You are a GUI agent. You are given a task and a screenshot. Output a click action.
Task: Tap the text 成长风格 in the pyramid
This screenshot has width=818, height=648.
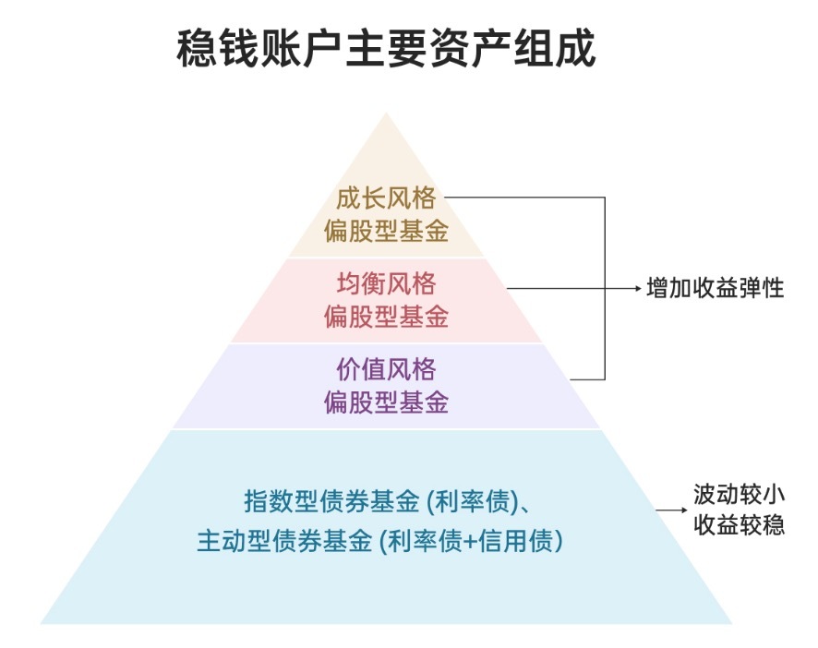(x=386, y=198)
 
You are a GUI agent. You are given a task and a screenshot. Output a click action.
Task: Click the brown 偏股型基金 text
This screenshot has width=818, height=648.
(x=386, y=231)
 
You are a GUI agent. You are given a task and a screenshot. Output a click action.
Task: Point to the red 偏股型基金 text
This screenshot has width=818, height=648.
(x=386, y=317)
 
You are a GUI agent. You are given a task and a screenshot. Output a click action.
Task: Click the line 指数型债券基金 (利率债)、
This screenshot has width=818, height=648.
(x=386, y=503)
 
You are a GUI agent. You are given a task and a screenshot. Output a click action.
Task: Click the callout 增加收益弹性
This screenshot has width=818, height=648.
(x=716, y=289)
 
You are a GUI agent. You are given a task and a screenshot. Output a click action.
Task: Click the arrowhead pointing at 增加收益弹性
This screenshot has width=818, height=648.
(x=637, y=289)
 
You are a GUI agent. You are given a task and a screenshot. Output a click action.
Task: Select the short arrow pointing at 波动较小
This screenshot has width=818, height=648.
(x=667, y=509)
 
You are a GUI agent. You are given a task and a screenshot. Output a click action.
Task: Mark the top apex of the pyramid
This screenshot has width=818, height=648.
(x=387, y=114)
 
